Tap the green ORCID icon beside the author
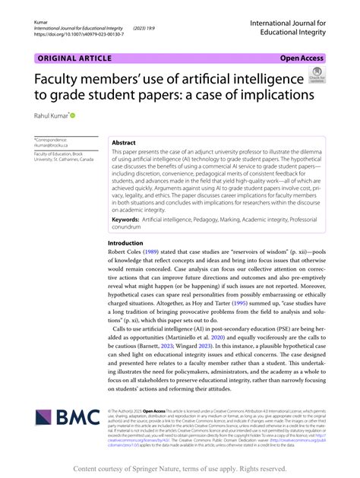pos(73,115)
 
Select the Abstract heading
pos(125,142)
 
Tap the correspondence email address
pos(51,144)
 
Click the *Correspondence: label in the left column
pos(52,138)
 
